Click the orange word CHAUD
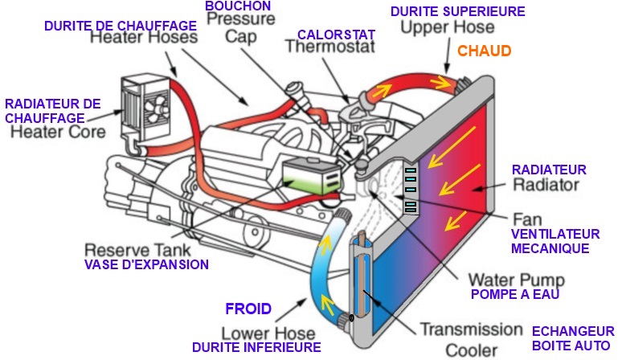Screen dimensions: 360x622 [484, 51]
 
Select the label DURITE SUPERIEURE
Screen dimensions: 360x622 [457, 12]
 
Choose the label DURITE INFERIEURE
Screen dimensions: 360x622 [256, 347]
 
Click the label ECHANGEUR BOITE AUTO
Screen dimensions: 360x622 [571, 338]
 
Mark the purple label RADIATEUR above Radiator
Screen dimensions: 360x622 [549, 170]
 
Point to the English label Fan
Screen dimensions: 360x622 [522, 218]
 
